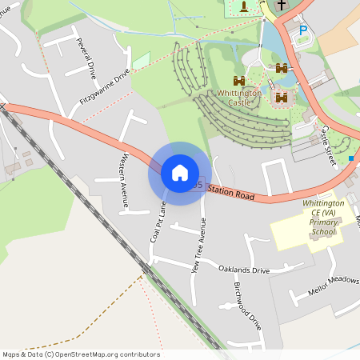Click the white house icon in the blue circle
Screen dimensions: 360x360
[x=180, y=172]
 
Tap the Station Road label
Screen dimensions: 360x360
[x=231, y=192]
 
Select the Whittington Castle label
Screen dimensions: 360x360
[x=240, y=98]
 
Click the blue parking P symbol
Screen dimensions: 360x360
[x=303, y=30]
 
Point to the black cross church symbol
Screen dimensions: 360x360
[x=282, y=5]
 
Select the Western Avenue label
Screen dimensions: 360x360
[x=125, y=180]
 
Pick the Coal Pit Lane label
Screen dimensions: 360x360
[x=158, y=222]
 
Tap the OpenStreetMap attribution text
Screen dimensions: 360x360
[x=81, y=354]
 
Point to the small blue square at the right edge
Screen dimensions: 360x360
[x=350, y=158]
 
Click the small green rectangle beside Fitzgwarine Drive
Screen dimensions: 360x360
[x=141, y=60]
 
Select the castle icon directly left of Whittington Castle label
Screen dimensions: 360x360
[x=238, y=81]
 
